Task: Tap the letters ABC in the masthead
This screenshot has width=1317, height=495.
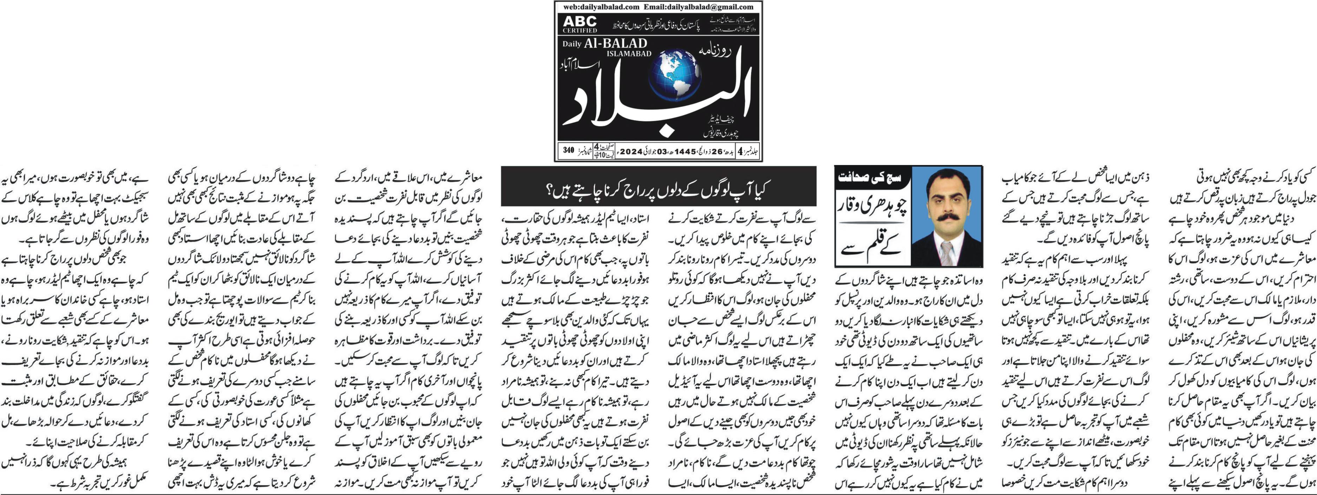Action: pos(580,22)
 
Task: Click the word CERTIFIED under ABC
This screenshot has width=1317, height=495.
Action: pos(580,30)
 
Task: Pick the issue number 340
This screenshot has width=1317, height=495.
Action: pos(568,150)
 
